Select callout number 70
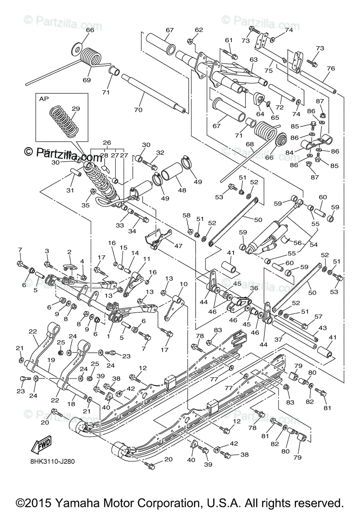pos(138,110)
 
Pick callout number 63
pos(254,60)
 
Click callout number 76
pos(331,68)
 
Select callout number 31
pos(70,190)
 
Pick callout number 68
pos(249,144)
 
